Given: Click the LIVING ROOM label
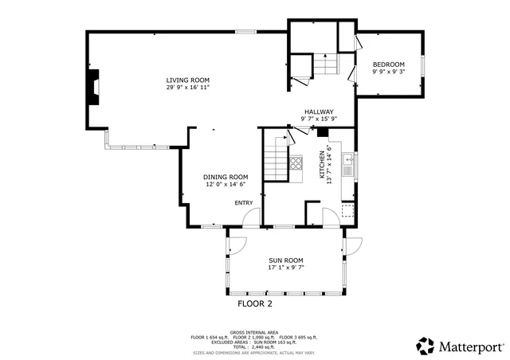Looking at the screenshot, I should pyautogui.click(x=187, y=80).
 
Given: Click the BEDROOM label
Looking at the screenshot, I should pyautogui.click(x=389, y=65).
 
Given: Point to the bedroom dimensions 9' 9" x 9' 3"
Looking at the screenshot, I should pyautogui.click(x=389, y=72).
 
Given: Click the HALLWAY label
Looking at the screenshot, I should pyautogui.click(x=318, y=112).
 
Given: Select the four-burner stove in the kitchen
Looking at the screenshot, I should pyautogui.click(x=296, y=164).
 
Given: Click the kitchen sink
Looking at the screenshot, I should pyautogui.click(x=348, y=166).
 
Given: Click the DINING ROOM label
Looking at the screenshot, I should pyautogui.click(x=225, y=177).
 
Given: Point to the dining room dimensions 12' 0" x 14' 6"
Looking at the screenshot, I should pyautogui.click(x=225, y=184).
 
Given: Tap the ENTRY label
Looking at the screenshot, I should pyautogui.click(x=243, y=203).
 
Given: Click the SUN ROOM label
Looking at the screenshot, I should pyautogui.click(x=286, y=260).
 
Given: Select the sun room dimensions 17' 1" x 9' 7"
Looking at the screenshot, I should pyautogui.click(x=286, y=268).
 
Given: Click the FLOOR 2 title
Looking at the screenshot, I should pyautogui.click(x=255, y=303).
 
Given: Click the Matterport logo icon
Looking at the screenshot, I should pyautogui.click(x=426, y=346).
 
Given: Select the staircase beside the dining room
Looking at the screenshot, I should pyautogui.click(x=276, y=158).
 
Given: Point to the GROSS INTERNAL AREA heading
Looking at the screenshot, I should pyautogui.click(x=253, y=332).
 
